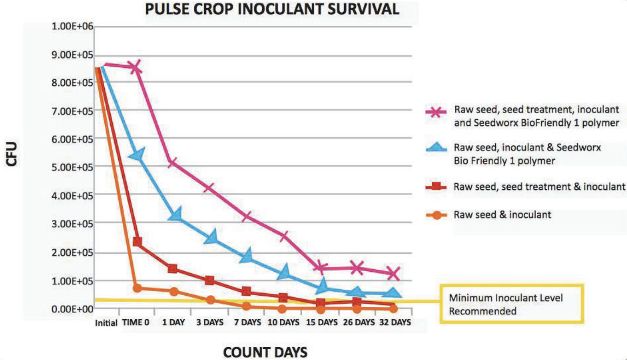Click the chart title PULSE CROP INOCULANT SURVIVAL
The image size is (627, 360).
pyautogui.click(x=272, y=9)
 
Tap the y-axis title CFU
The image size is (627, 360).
pyautogui.click(x=12, y=153)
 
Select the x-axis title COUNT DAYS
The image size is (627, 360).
pyautogui.click(x=265, y=352)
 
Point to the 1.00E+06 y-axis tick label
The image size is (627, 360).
pyautogui.click(x=72, y=27)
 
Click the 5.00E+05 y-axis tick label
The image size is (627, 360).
pyautogui.click(x=72, y=167)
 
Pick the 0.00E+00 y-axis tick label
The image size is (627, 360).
pyautogui.click(x=72, y=309)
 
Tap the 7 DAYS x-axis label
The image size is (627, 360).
pyautogui.click(x=247, y=322)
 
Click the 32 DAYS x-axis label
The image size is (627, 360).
pyautogui.click(x=395, y=322)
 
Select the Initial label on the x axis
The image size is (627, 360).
pyautogui.click(x=106, y=323)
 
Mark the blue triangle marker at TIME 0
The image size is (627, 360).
pyautogui.click(x=137, y=154)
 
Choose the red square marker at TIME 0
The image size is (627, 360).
pyautogui.click(x=137, y=242)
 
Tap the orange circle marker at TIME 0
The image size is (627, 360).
pyautogui.click(x=137, y=288)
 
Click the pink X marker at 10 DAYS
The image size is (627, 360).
pyautogui.click(x=284, y=236)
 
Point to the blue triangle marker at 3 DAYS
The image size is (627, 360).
pyautogui.click(x=211, y=237)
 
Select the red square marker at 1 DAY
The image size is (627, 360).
pyautogui.click(x=172, y=268)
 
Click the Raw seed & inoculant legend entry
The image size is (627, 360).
pyautogui.click(x=502, y=215)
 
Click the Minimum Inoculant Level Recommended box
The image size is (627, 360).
pyautogui.click(x=511, y=304)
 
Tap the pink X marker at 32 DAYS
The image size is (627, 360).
pyautogui.click(x=393, y=274)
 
